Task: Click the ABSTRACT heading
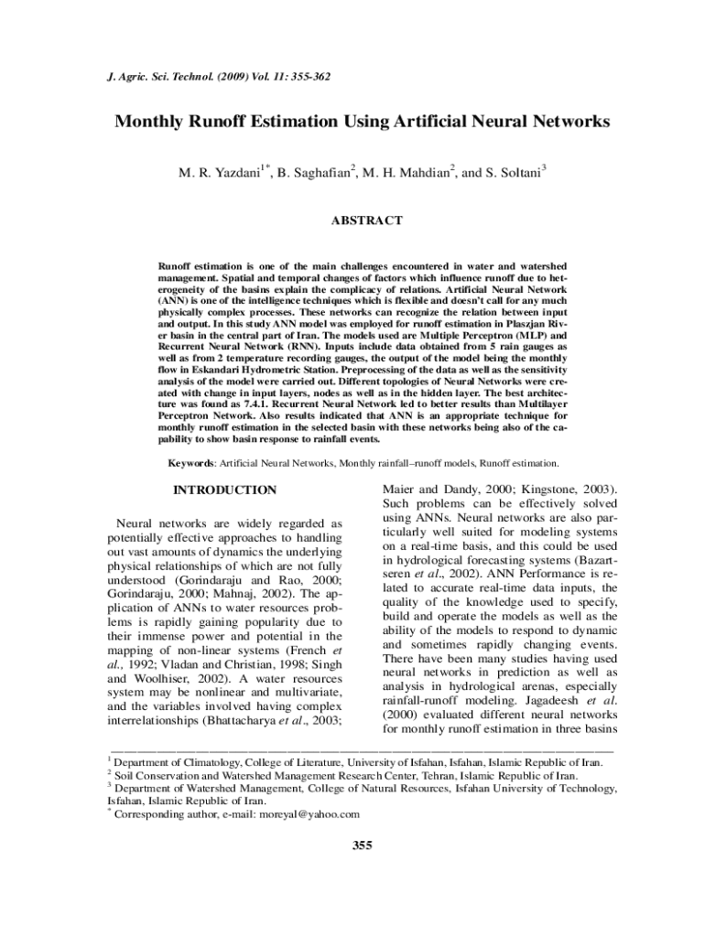[x=365, y=221]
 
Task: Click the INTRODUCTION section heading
[x=225, y=490]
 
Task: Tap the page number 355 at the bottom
[x=363, y=845]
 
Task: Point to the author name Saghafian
[x=312, y=172]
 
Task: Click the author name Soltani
[x=517, y=172]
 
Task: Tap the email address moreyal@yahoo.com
[x=309, y=813]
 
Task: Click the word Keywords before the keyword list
[x=190, y=464]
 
